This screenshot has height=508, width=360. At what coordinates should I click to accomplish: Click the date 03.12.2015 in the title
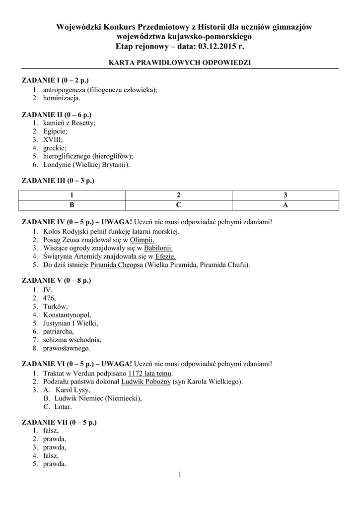(217, 46)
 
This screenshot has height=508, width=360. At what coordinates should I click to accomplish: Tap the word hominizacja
(62, 98)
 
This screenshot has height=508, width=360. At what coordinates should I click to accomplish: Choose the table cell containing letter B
(72, 204)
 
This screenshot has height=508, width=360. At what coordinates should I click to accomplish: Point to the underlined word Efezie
(165, 256)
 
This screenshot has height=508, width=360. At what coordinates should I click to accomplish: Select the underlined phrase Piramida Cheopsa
(117, 265)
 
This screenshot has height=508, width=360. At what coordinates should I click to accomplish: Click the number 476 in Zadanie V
(49, 298)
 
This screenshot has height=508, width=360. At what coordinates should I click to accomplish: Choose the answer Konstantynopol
(67, 315)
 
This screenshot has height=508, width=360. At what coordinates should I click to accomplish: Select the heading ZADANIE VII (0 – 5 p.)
(59, 422)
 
